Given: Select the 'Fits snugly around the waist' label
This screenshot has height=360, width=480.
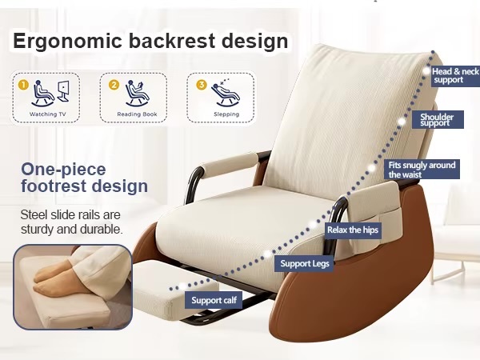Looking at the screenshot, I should tap(423, 170).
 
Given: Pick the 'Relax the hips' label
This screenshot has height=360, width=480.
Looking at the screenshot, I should tap(353, 230).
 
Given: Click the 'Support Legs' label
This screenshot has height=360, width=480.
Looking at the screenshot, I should tap(303, 262).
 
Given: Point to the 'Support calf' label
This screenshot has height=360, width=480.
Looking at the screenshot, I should tap(214, 301).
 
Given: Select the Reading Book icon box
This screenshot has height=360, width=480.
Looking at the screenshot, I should tap(133, 98).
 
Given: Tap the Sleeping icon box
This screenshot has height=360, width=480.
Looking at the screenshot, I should tap(220, 98).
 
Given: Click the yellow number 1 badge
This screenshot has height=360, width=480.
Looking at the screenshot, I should tap(23, 83).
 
